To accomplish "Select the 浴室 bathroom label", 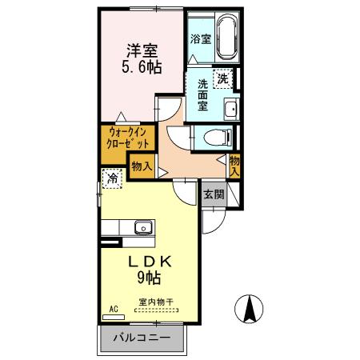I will click(x=200, y=38).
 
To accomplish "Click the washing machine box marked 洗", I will click(x=225, y=78).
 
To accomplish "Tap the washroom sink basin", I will click(x=230, y=110).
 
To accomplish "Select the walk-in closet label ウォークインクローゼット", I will click(x=128, y=139).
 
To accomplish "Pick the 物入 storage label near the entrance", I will click(x=234, y=166).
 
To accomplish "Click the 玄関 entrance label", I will click(x=212, y=194).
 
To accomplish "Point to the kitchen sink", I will click(x=144, y=227).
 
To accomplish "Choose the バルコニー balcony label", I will click(x=142, y=338).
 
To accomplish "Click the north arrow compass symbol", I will click(x=249, y=308).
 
